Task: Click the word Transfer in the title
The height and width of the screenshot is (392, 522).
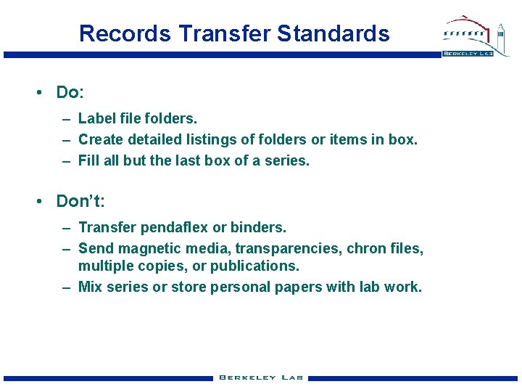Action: pos(225,33)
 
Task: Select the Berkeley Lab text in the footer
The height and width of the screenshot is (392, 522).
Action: pos(262,377)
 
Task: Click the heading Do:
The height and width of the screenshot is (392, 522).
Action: pos(70,92)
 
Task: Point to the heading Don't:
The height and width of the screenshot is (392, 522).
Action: pos(80,201)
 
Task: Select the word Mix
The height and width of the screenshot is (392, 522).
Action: pos(90,287)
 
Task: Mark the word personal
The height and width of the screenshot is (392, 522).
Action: pos(239,287)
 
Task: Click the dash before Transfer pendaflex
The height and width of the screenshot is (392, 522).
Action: pos(66,227)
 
